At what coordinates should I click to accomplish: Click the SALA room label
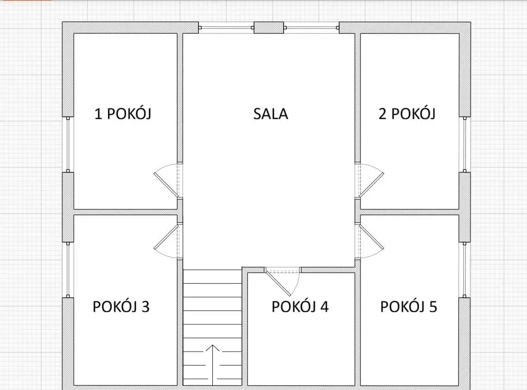[271, 114]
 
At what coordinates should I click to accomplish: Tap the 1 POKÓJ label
[123, 114]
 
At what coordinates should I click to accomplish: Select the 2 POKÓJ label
[407, 114]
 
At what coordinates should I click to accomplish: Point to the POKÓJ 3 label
[121, 307]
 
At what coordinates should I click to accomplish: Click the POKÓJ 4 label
[300, 307]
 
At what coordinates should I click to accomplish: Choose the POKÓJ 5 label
[409, 307]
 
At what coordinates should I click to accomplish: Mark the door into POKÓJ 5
[369, 241]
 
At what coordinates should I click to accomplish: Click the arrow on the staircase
[213, 365]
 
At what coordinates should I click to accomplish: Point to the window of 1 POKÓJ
[68, 144]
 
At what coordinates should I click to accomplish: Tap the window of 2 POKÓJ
[465, 144]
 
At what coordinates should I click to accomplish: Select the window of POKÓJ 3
[68, 270]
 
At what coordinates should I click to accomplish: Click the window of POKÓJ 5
[465, 270]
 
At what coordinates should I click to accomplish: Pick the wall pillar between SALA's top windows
[269, 28]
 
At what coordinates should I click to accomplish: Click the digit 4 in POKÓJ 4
[324, 307]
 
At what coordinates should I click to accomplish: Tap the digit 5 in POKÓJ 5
[433, 307]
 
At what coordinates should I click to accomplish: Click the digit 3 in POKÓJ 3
[145, 307]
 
